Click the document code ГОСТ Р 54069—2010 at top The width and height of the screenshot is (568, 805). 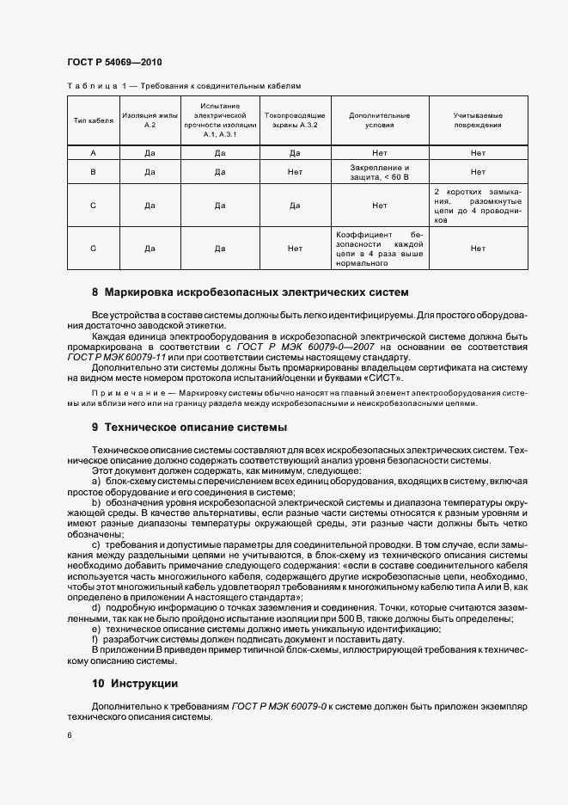click(113, 63)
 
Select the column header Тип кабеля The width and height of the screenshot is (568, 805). click(93, 120)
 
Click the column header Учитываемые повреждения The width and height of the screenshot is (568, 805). click(478, 120)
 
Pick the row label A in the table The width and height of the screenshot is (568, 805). click(93, 152)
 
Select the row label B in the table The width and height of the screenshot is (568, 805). click(93, 172)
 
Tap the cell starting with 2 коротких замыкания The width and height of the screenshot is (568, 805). click(478, 206)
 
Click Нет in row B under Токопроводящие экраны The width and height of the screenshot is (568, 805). click(295, 172)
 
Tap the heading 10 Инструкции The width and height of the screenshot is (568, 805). click(135, 684)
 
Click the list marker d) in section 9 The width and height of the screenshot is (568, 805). click(95, 608)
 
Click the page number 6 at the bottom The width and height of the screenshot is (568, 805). click(69, 734)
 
